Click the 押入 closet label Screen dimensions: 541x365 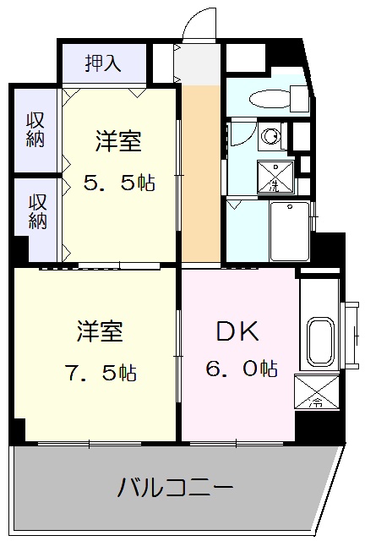pyautogui.click(x=103, y=62)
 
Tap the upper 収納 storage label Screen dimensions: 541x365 pyautogui.click(x=35, y=130)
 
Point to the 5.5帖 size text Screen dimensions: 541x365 pyautogui.click(x=118, y=183)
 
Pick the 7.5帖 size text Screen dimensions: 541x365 pyautogui.click(x=101, y=371)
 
